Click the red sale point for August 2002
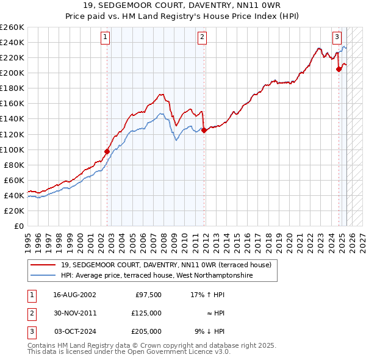pos(107,151)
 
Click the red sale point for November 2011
pos(204,130)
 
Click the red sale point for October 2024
pos(339,69)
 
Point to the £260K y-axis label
pos(12,27)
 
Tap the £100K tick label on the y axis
pos(12,149)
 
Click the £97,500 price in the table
pos(148,295)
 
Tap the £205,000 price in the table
pos(146,331)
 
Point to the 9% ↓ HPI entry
pos(210,331)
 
